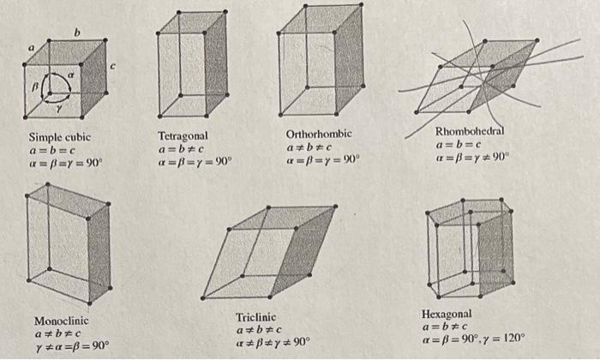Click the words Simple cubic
click(60, 137)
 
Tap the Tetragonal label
click(183, 135)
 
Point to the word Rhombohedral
click(470, 131)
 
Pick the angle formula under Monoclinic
click(71, 346)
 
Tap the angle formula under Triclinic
click(273, 342)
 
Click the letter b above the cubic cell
click(76, 33)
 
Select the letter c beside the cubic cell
click(111, 66)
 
